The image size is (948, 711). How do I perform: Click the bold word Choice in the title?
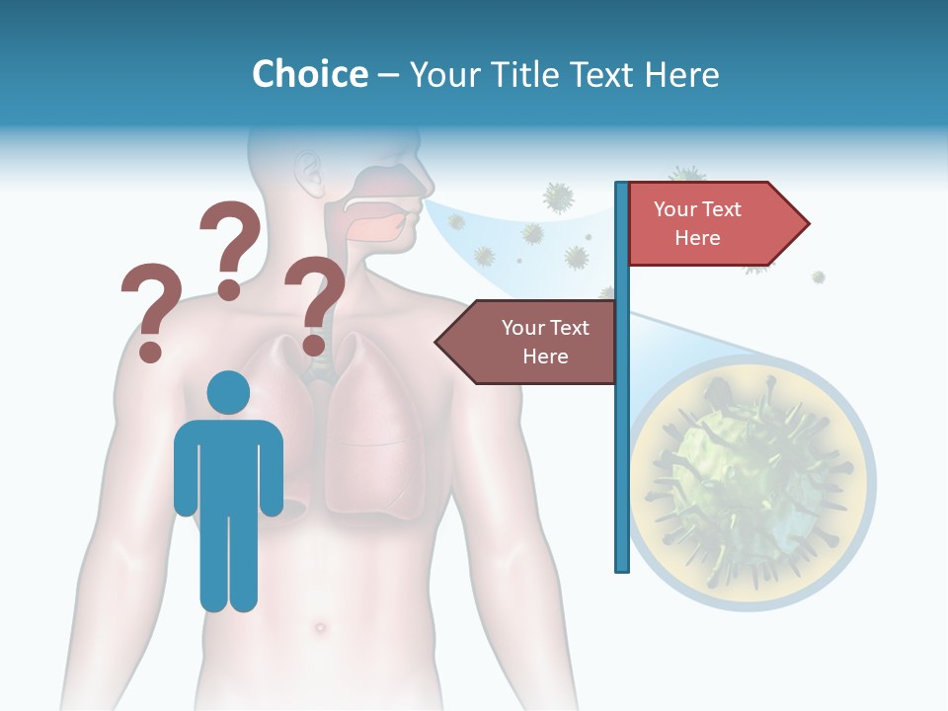tap(309, 74)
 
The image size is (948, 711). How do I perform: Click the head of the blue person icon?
tap(228, 393)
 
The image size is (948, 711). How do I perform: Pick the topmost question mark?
tap(230, 247)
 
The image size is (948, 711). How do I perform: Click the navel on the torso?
tap(319, 627)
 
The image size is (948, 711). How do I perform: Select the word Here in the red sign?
tap(697, 238)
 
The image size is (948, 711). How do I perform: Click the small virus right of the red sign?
tap(819, 277)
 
